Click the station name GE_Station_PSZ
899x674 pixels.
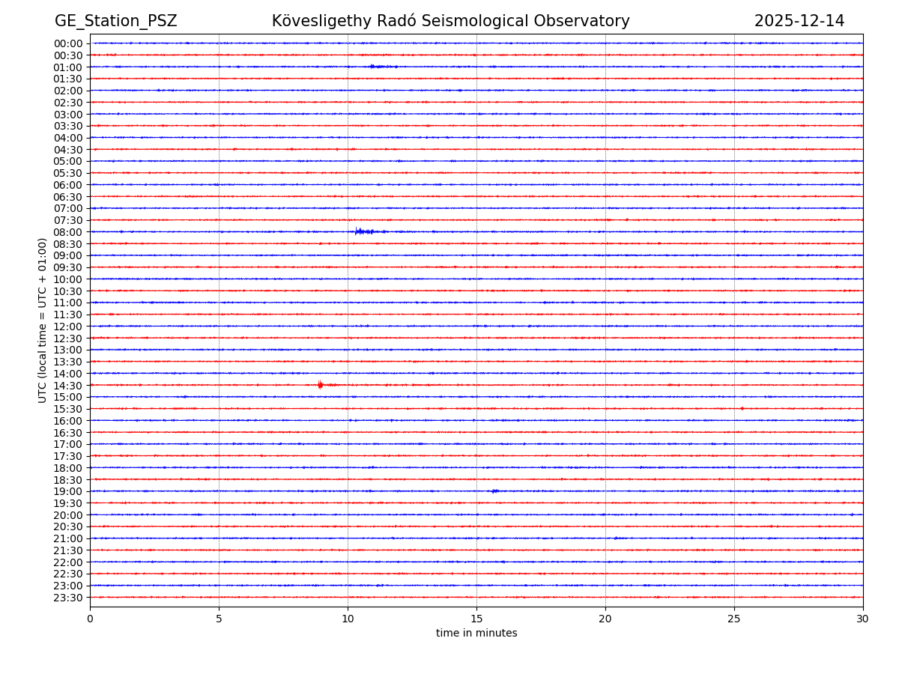click(115, 21)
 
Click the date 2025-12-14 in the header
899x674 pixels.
click(799, 21)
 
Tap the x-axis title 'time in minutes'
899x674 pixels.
click(476, 634)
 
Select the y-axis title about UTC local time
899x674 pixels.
click(43, 320)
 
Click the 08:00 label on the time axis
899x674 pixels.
click(68, 232)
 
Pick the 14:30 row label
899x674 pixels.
click(68, 385)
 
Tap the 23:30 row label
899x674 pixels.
click(68, 598)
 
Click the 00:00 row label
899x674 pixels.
click(68, 43)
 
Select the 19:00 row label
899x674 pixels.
click(68, 491)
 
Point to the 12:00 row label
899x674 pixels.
click(68, 327)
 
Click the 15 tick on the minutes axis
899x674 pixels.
click(476, 619)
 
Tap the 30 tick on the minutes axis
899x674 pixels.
click(863, 619)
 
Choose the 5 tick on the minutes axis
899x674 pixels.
click(219, 619)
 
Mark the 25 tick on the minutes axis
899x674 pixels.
click(734, 619)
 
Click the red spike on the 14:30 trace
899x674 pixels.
click(320, 384)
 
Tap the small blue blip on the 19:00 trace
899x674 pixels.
click(494, 491)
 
